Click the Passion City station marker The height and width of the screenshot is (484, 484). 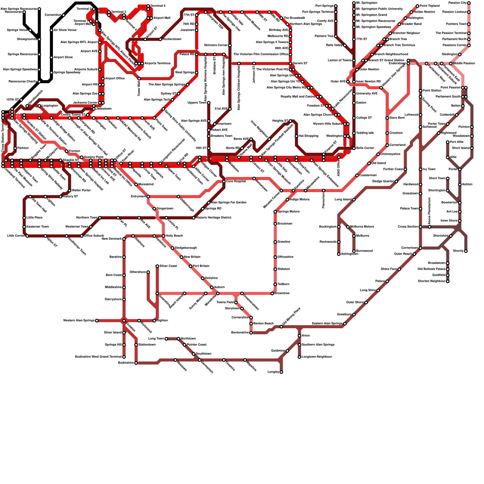coord(469,3)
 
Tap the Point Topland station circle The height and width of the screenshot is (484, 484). coord(417,6)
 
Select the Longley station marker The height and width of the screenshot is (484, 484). coord(281,372)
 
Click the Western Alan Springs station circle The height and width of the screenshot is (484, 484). coord(96,321)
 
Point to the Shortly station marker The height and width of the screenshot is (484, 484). coord(466,251)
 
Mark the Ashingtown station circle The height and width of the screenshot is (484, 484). coord(338,254)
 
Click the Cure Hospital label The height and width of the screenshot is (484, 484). coord(236,181)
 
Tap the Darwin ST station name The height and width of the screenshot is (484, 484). coord(300,64)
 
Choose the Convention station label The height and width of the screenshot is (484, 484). coord(53,15)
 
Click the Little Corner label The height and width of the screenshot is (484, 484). coord(16,236)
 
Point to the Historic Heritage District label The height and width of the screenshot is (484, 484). coord(214,218)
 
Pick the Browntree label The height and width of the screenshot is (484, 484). coord(282,293)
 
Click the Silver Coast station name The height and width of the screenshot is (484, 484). coord(168,266)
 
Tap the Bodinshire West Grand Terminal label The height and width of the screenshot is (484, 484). coord(98,357)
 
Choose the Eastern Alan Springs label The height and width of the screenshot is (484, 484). coord(327,324)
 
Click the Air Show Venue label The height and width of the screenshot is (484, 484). coord(65,30)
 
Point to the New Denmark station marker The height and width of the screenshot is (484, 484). coord(124,239)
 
